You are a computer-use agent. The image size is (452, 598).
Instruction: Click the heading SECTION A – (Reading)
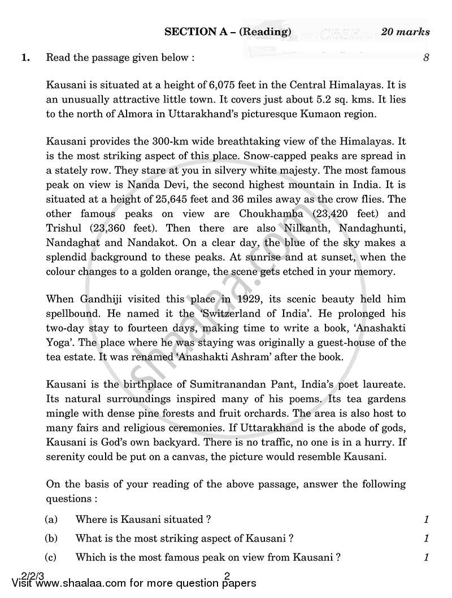(228, 32)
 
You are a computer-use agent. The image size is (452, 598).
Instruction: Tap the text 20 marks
(405, 32)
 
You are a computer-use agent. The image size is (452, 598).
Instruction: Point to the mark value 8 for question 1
(427, 58)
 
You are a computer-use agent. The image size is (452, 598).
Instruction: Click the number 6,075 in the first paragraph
(206, 86)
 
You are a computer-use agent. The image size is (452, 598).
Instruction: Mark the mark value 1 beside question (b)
(427, 538)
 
